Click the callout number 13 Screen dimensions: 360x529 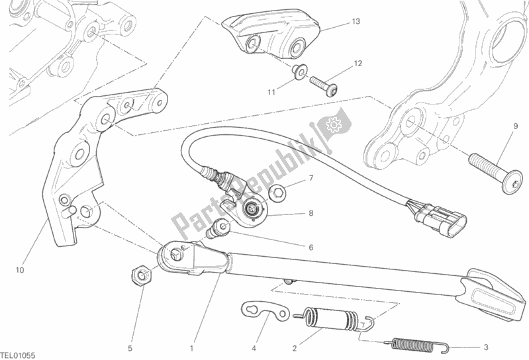click(x=356, y=22)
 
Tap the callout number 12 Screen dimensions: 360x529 click(x=358, y=64)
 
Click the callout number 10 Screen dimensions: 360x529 click(x=20, y=270)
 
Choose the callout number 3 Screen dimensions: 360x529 click(x=485, y=347)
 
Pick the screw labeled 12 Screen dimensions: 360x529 click(x=324, y=85)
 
